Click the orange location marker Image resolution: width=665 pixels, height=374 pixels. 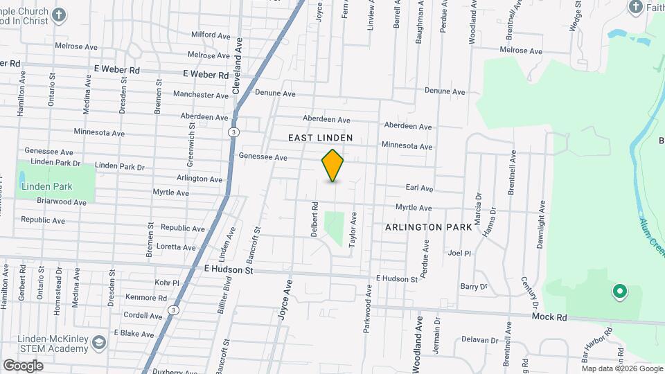[x=332, y=166]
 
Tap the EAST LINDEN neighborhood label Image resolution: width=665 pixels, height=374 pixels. [x=320, y=139]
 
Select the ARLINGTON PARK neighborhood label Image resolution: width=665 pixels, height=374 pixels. [x=429, y=227]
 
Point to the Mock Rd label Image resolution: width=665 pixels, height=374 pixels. [x=549, y=317]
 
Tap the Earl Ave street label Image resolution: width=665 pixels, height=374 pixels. [x=419, y=188]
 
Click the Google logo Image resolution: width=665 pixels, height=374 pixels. [x=23, y=365]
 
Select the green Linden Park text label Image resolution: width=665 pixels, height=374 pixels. [x=47, y=187]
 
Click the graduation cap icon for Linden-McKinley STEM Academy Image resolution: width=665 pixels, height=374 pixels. [x=99, y=343]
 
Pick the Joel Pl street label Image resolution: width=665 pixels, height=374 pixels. [x=459, y=253]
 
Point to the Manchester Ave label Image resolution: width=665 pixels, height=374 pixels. [x=201, y=95]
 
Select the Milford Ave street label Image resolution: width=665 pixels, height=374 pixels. [x=211, y=35]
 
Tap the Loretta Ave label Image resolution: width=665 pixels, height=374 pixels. [x=177, y=247]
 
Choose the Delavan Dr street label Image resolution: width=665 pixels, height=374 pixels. [x=475, y=340]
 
